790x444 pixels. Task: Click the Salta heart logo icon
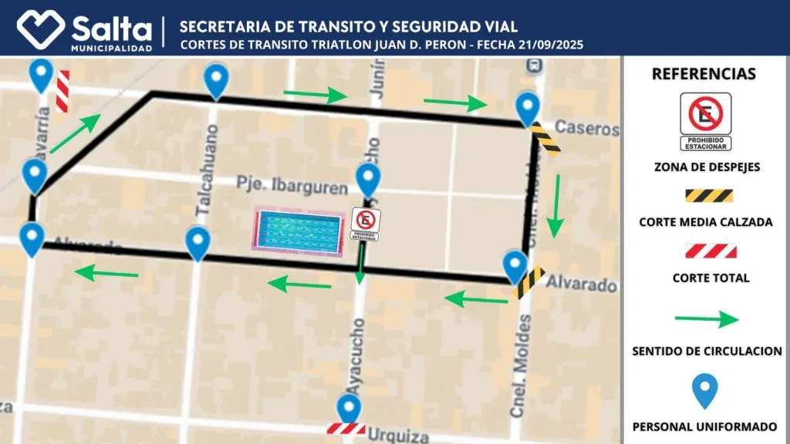click(x=42, y=29)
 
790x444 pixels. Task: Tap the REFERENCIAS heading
click(x=704, y=75)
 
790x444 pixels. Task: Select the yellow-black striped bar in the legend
click(x=708, y=197)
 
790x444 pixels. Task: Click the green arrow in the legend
click(x=707, y=319)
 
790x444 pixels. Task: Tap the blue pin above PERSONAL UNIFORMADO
click(x=704, y=392)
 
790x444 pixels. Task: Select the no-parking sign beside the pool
click(x=365, y=224)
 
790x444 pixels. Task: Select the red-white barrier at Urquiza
click(x=346, y=429)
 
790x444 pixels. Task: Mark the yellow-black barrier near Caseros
click(x=545, y=140)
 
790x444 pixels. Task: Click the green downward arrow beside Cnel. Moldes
click(x=555, y=206)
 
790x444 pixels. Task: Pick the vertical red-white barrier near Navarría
click(x=62, y=91)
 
